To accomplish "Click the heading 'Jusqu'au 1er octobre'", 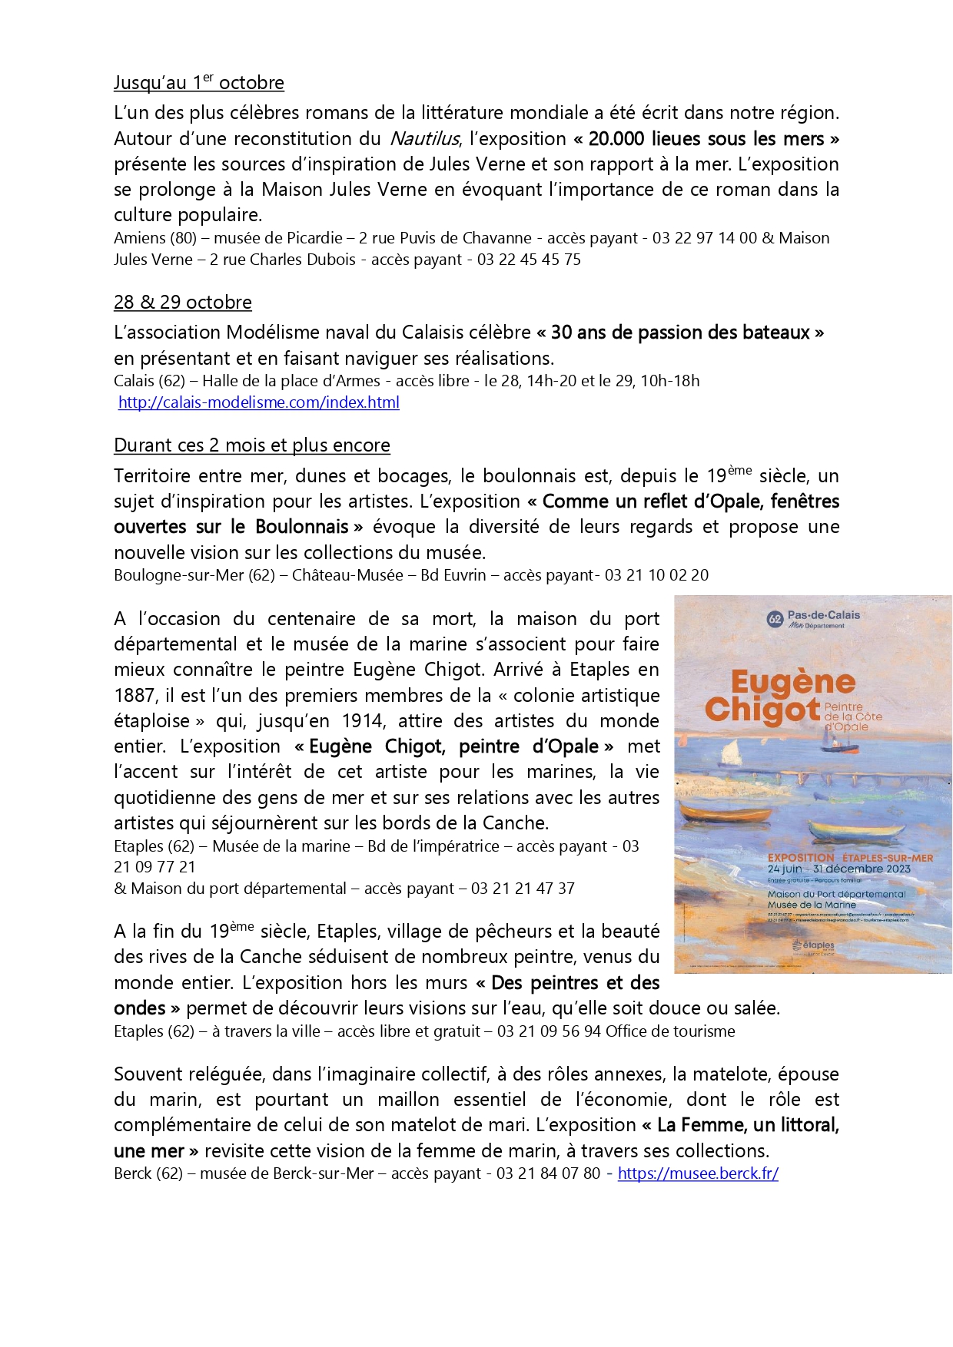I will click(198, 82).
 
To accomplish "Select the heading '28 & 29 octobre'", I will click(182, 303).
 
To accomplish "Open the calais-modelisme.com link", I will click(258, 402).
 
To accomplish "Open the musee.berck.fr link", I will click(698, 1173).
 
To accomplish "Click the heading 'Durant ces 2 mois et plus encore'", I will click(251, 445).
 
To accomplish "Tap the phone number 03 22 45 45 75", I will click(529, 260).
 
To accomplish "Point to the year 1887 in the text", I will click(134, 696).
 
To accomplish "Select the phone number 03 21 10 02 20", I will click(656, 575).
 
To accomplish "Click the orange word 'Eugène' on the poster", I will click(792, 682).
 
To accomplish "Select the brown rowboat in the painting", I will click(715, 812).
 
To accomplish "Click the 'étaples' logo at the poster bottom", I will click(813, 945).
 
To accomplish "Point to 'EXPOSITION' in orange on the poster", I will click(800, 858).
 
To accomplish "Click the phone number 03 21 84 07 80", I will click(548, 1173).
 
